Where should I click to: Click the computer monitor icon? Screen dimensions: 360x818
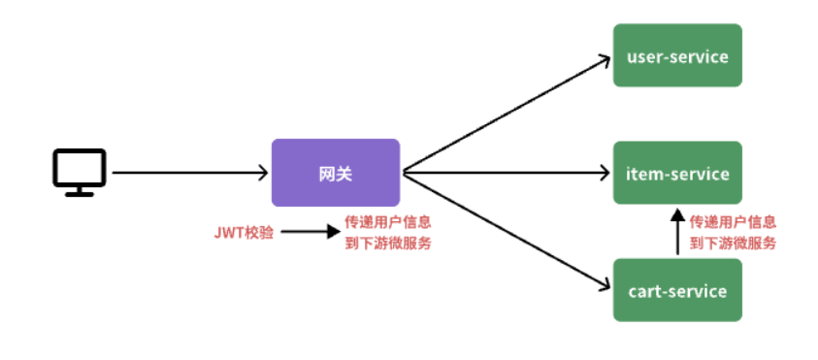(x=79, y=171)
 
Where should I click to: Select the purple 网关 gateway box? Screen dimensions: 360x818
(x=335, y=173)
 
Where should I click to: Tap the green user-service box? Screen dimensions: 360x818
(x=676, y=56)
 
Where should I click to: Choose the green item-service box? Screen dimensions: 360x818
(x=676, y=173)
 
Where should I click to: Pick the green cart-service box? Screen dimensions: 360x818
(x=676, y=290)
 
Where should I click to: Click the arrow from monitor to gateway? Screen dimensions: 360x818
(x=189, y=173)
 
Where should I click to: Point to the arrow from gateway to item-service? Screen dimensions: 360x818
(x=505, y=174)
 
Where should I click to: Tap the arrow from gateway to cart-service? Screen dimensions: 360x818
(x=505, y=231)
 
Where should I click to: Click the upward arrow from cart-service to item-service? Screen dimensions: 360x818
(x=677, y=233)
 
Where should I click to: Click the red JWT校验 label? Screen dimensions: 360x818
(x=244, y=233)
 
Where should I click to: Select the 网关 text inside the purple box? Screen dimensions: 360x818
(x=335, y=174)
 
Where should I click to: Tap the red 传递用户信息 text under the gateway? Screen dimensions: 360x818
(x=388, y=222)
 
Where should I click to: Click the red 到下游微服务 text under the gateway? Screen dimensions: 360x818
(x=388, y=244)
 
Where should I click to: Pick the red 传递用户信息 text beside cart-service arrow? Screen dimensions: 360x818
(x=733, y=222)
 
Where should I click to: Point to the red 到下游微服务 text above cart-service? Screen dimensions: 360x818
(x=733, y=244)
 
